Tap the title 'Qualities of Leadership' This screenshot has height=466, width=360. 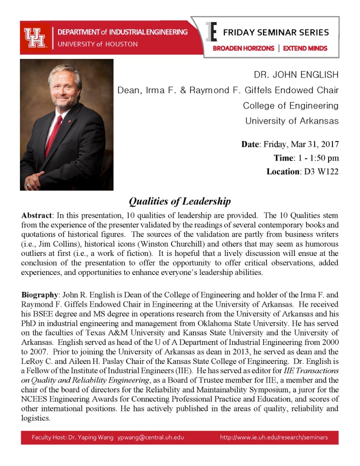point(179,201)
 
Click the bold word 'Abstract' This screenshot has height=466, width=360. point(37,215)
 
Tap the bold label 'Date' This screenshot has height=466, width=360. point(250,144)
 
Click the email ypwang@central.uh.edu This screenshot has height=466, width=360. point(150,437)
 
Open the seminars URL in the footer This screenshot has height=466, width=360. point(273,437)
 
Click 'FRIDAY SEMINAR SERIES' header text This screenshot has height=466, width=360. point(276,33)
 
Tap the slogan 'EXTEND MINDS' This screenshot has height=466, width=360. point(305,48)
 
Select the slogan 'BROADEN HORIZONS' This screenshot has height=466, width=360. point(243,48)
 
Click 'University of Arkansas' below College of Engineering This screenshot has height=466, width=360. point(291,121)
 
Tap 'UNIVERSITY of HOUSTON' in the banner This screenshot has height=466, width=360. point(97,44)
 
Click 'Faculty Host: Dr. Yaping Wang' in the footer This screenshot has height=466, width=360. point(72,437)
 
